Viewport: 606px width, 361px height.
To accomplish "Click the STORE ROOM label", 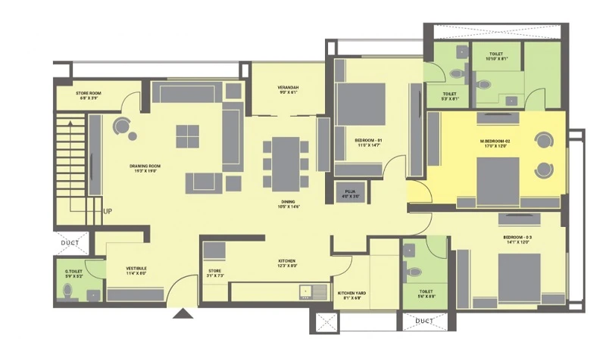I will (x=89, y=94).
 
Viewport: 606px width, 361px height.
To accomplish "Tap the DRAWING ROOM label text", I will (x=145, y=166).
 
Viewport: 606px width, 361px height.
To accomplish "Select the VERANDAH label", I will (x=289, y=89).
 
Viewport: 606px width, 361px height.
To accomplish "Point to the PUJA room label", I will (x=349, y=193).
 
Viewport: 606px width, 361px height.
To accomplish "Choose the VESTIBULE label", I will (x=136, y=269).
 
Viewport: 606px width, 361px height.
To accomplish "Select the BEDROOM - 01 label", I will (x=368, y=141).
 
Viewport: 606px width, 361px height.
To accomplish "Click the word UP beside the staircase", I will (x=109, y=212).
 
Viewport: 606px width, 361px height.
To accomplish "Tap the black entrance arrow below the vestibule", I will (x=183, y=313).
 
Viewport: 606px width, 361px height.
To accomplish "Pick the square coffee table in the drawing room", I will (x=188, y=136).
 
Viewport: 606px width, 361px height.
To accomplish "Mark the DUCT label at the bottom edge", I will (x=424, y=321).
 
